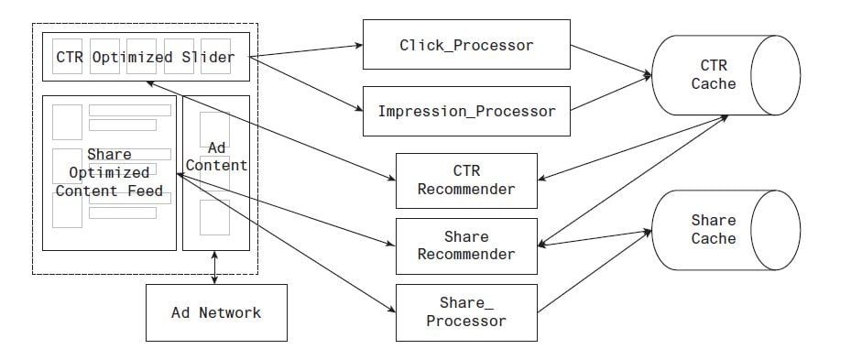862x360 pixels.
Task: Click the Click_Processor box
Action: pyautogui.click(x=466, y=45)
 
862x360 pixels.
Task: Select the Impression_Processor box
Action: pyautogui.click(x=466, y=112)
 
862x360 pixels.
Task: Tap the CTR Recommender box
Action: pyautogui.click(x=466, y=180)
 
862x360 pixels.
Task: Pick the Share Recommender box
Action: pyautogui.click(x=466, y=245)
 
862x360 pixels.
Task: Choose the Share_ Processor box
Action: pyautogui.click(x=466, y=311)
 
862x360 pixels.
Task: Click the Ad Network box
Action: pyautogui.click(x=216, y=313)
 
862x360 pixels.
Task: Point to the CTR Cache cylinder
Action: pyautogui.click(x=718, y=75)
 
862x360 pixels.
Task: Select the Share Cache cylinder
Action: pyautogui.click(x=718, y=230)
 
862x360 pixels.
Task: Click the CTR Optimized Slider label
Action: pyautogui.click(x=145, y=58)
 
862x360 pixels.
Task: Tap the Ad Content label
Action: pyautogui.click(x=216, y=157)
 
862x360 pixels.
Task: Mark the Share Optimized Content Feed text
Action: pyautogui.click(x=109, y=173)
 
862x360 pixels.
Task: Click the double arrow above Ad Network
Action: pyautogui.click(x=215, y=267)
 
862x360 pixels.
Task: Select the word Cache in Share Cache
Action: pyautogui.click(x=714, y=239)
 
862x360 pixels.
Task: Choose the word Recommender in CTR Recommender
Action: pyautogui.click(x=466, y=190)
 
